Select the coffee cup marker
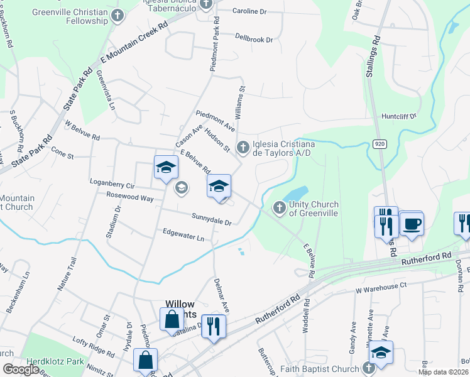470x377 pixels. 412,224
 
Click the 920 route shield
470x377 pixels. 380,143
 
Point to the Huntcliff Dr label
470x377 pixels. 399,117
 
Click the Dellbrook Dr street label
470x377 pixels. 254,39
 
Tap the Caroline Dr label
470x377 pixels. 249,11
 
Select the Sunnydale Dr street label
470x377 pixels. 212,221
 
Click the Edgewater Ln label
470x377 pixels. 183,238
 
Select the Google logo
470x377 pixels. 21,369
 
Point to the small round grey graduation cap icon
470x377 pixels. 182,187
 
